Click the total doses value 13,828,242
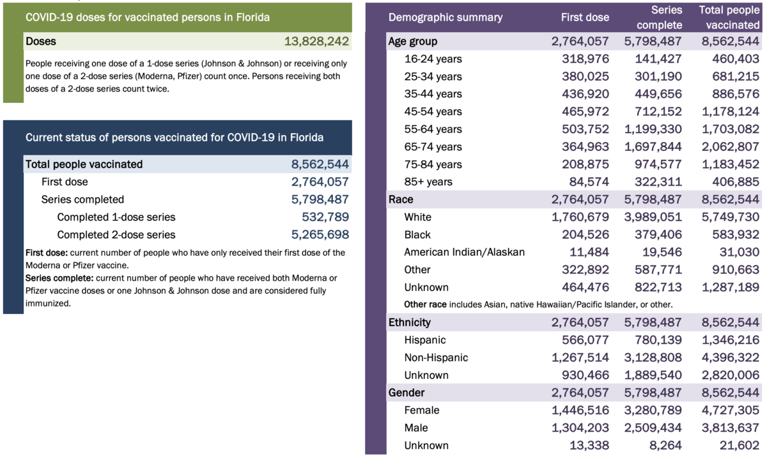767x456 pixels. click(x=316, y=42)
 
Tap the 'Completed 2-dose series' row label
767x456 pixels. click(x=116, y=235)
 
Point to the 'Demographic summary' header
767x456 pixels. click(x=445, y=17)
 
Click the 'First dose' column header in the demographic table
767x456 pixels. click(x=585, y=17)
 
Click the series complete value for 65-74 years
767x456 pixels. click(x=652, y=146)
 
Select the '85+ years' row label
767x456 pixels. click(x=428, y=182)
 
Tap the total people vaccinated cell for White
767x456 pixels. click(x=729, y=217)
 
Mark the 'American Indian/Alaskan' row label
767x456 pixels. click(x=465, y=252)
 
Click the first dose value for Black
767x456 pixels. click(x=585, y=235)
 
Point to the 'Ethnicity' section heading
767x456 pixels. click(x=410, y=322)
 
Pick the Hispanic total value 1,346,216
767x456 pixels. click(x=729, y=340)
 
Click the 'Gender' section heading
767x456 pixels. click(x=407, y=393)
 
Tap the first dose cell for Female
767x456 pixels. click(x=580, y=410)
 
